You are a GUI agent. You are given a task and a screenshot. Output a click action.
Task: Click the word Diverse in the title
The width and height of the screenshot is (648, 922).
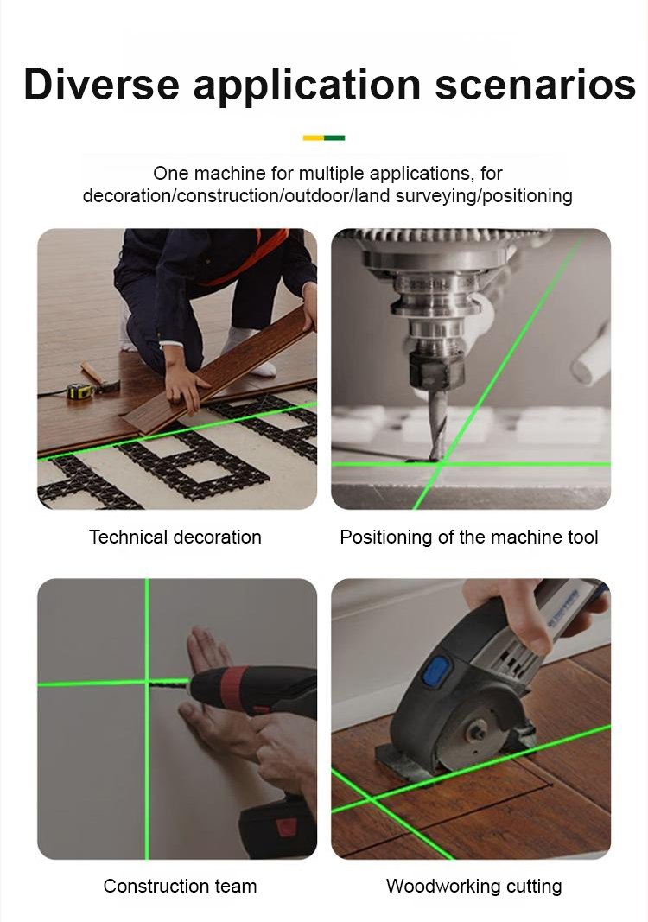pyautogui.click(x=101, y=84)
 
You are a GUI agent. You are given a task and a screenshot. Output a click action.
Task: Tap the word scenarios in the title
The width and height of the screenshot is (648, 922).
pyautogui.click(x=535, y=85)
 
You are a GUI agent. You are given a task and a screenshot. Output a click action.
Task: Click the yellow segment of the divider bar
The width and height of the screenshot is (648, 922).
pyautogui.click(x=314, y=137)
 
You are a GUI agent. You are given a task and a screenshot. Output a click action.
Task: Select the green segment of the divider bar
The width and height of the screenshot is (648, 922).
pyautogui.click(x=334, y=137)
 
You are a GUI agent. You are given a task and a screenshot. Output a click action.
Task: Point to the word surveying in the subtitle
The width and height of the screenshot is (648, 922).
pyautogui.click(x=435, y=195)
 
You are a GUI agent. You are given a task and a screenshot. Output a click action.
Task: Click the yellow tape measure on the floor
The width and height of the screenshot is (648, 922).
pyautogui.click(x=79, y=391)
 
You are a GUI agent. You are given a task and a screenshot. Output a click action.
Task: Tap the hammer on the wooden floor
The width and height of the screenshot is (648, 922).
pyautogui.click(x=100, y=378)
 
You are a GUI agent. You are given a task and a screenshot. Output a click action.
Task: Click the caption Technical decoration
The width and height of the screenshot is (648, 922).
pyautogui.click(x=175, y=537)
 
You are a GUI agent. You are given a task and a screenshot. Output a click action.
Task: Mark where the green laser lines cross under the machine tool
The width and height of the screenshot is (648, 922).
pyautogui.click(x=441, y=465)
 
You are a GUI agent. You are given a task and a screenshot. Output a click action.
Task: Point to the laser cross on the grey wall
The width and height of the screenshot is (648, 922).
pyautogui.click(x=147, y=682)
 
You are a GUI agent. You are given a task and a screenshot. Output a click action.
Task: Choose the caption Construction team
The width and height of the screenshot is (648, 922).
pyautogui.click(x=180, y=886)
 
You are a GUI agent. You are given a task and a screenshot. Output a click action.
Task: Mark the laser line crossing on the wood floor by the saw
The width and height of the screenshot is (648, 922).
pyautogui.click(x=372, y=798)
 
